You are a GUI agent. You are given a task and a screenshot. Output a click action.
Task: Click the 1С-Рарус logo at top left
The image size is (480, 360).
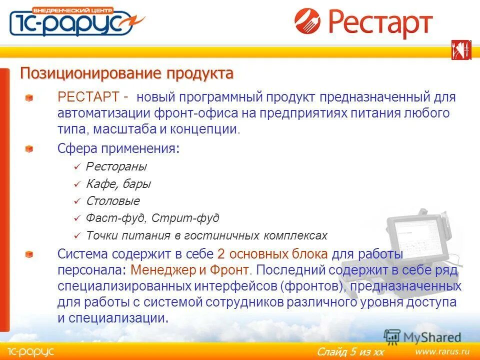(x=75, y=21)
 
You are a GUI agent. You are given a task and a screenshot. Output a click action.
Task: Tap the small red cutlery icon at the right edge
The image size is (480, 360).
(x=461, y=50)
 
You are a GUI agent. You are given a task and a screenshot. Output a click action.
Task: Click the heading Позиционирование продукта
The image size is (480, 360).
(x=126, y=74)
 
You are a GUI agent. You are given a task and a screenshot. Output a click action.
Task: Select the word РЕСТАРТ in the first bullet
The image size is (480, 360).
(x=88, y=96)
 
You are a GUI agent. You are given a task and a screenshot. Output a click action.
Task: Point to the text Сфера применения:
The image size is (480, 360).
(x=118, y=148)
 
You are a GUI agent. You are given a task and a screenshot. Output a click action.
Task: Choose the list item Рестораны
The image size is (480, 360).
(x=116, y=166)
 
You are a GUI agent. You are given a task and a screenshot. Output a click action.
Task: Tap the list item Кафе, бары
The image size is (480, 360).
(x=118, y=184)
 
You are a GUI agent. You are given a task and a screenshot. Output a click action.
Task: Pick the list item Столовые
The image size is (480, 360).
(x=112, y=201)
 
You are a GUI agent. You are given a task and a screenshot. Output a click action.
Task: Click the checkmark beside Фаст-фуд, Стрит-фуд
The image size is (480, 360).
(x=76, y=219)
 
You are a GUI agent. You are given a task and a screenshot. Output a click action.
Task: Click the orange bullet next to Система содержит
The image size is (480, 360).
(x=29, y=254)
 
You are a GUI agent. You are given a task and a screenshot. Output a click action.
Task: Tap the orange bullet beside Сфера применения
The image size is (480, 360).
(x=29, y=149)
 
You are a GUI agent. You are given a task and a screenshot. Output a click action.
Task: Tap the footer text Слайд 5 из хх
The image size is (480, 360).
(x=350, y=352)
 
